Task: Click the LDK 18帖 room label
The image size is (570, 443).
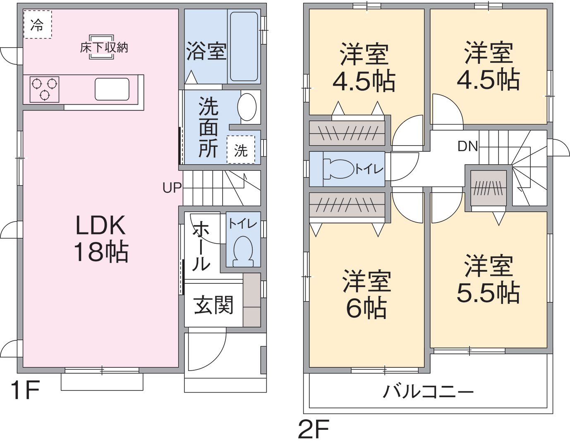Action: (101, 239)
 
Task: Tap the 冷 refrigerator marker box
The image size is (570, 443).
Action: (37, 25)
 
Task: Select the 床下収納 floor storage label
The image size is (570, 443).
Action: (104, 48)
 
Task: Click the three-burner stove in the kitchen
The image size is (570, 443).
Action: (44, 89)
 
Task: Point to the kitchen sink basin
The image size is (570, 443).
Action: (112, 89)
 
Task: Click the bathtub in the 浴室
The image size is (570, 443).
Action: (244, 46)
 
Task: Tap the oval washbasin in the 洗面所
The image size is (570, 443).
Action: (247, 107)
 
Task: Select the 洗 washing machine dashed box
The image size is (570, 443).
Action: (241, 150)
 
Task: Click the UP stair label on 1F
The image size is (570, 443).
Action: (172, 188)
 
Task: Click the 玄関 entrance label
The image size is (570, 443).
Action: (213, 305)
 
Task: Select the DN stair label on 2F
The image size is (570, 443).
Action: (467, 146)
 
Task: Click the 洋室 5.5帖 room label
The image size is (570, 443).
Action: (488, 279)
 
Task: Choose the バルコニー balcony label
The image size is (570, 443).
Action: (428, 391)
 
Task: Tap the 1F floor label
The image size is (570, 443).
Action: (25, 390)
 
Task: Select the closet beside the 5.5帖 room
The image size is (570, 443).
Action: (489, 188)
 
